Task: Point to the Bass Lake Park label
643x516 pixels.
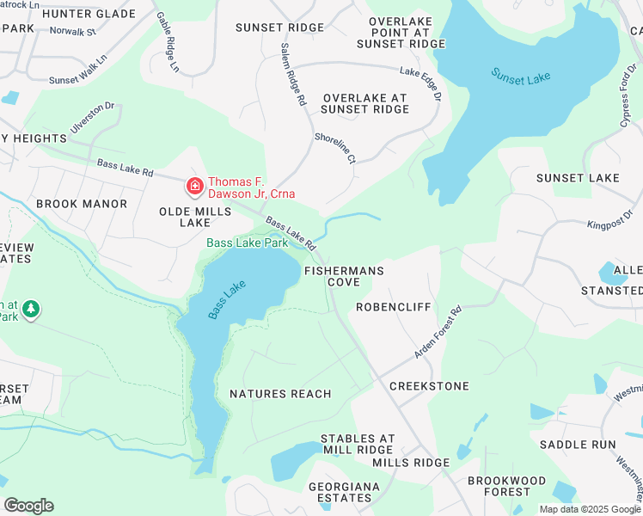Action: [247, 243]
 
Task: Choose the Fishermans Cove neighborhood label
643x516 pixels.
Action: [344, 276]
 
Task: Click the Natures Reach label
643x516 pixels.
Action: [280, 394]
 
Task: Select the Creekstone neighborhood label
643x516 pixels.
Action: [429, 386]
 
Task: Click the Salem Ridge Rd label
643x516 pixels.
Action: [293, 75]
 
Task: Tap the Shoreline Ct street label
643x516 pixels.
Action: [334, 148]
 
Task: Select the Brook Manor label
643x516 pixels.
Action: [82, 204]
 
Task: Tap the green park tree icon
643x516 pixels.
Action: [31, 308]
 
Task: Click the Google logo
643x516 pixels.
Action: [28, 506]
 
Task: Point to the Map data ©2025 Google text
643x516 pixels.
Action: [589, 509]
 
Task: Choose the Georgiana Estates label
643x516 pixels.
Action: [345, 493]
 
